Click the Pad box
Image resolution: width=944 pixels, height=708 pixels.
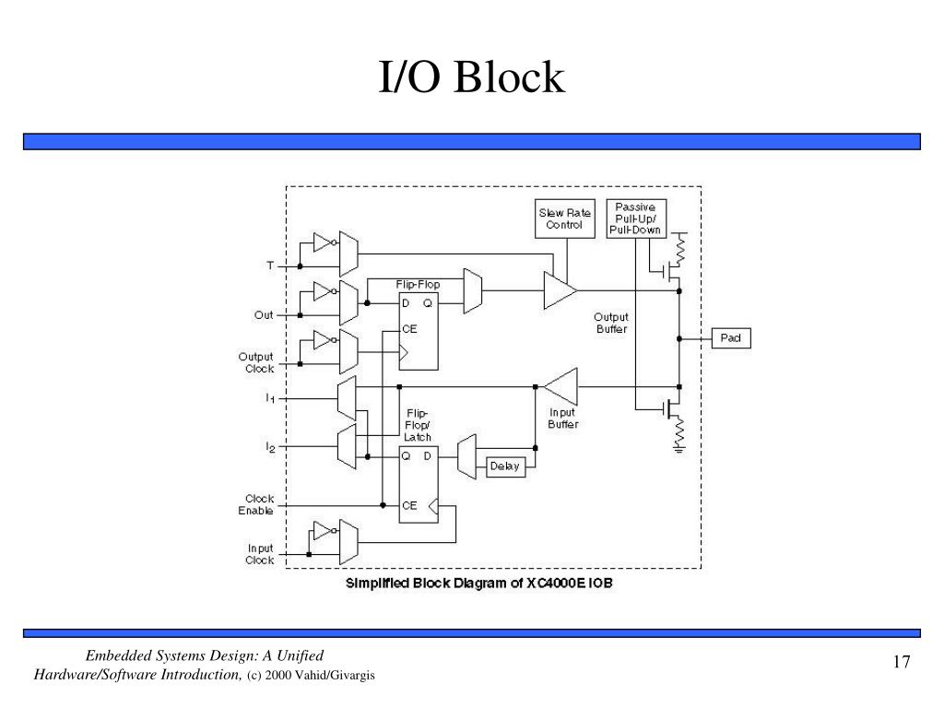731,337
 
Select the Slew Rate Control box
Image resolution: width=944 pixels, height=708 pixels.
565,218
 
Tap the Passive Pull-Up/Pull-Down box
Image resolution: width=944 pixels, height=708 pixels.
636,218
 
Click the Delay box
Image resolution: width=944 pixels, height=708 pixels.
505,466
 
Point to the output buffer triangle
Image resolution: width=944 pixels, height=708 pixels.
558,290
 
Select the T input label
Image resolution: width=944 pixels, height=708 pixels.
270,265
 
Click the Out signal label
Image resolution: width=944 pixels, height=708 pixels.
263,315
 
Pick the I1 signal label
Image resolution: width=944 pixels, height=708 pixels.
270,398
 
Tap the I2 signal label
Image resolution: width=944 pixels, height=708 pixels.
270,447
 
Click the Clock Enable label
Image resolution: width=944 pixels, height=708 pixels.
256,504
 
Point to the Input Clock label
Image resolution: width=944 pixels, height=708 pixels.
259,554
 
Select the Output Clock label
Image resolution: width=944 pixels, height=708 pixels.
256,362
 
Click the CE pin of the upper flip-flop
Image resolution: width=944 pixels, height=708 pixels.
409,329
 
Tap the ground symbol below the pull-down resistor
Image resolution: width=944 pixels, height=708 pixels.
679,448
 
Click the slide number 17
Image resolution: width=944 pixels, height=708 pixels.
902,662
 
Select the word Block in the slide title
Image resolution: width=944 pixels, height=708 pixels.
509,77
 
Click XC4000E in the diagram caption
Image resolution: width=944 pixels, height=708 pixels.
555,583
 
